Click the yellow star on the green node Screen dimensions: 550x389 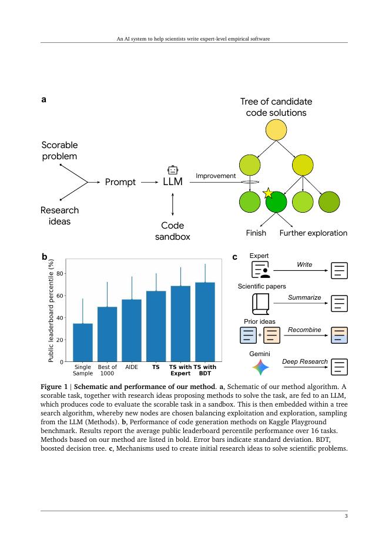[268, 193]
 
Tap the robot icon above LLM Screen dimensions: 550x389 [173, 170]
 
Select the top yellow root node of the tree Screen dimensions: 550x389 [276, 130]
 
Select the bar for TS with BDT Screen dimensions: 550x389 [205, 322]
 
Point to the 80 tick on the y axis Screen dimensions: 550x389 [59, 274]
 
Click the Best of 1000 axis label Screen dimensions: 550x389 [107, 370]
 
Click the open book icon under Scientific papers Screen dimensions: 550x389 [260, 303]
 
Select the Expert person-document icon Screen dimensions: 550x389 [260, 270]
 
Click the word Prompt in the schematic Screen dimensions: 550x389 [120, 182]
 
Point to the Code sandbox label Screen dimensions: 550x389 [173, 231]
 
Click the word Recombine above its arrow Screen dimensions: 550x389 [304, 330]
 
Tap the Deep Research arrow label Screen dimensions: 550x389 [305, 361]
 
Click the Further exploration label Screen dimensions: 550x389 [313, 233]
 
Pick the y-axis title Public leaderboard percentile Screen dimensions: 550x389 [51, 311]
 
